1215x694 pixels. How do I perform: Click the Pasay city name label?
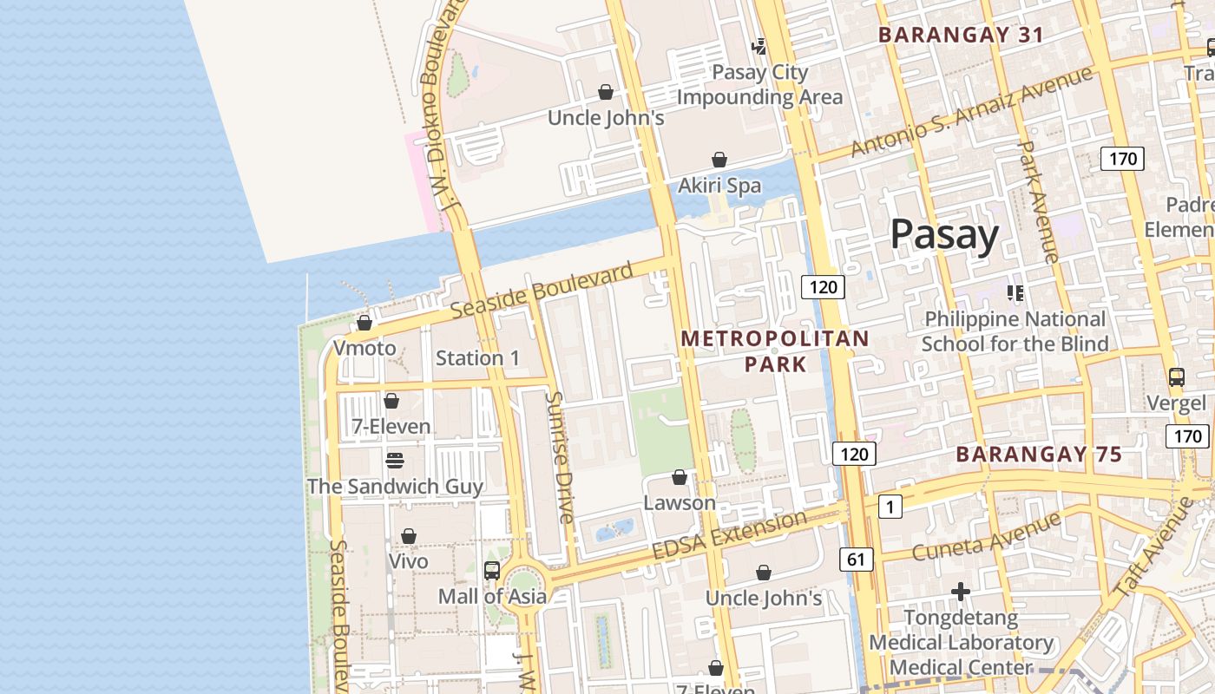click(944, 234)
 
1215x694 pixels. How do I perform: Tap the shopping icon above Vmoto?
click(364, 324)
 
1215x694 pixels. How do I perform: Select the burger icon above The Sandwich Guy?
click(395, 460)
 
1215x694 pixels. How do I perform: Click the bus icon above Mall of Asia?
click(492, 570)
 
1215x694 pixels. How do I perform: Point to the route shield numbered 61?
click(856, 560)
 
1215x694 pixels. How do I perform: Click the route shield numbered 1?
click(890, 506)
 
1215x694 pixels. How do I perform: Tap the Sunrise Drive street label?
click(560, 457)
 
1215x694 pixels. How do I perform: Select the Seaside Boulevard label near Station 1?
click(542, 291)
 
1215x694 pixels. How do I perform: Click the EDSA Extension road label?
click(729, 536)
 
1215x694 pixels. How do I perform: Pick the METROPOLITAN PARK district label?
click(775, 350)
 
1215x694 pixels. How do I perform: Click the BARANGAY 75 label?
click(1039, 455)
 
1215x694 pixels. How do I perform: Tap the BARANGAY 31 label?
click(961, 35)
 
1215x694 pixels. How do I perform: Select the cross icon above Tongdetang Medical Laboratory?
click(960, 592)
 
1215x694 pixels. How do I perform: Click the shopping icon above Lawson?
click(680, 477)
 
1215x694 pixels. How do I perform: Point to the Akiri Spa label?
click(719, 186)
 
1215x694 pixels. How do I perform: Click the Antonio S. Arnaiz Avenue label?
click(971, 113)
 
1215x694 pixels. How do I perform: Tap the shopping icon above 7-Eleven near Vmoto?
click(391, 401)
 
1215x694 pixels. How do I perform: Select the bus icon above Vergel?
click(1177, 377)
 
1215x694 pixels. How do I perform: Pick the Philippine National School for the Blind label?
click(1015, 331)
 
